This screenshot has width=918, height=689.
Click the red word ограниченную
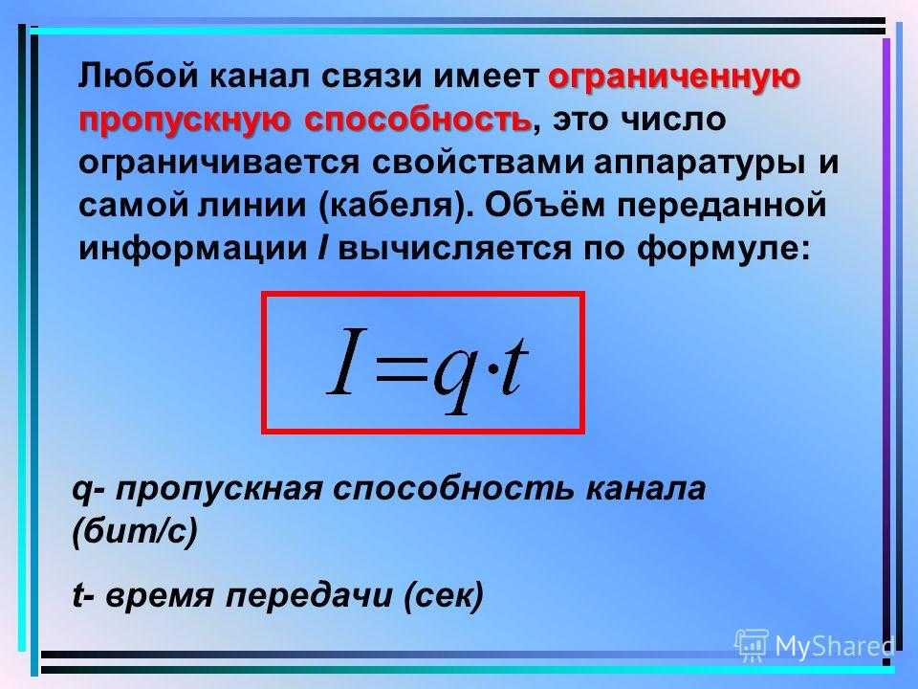pos(674,78)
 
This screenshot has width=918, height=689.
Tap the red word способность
pos(419,121)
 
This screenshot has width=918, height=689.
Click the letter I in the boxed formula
pos(346,361)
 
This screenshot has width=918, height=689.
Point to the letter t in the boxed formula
pos(514,366)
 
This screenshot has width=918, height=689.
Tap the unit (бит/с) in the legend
pos(135,532)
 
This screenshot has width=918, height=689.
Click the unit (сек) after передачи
pos(445,596)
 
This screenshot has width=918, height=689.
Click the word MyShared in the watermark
pos(834,646)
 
